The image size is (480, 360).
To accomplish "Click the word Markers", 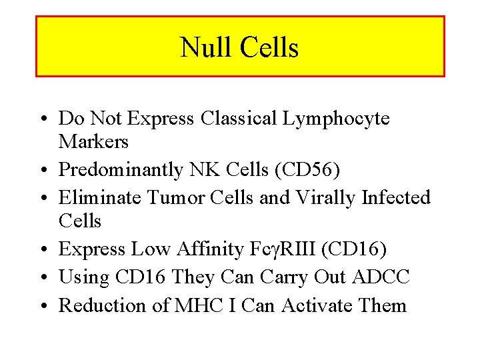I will (x=93, y=141).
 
